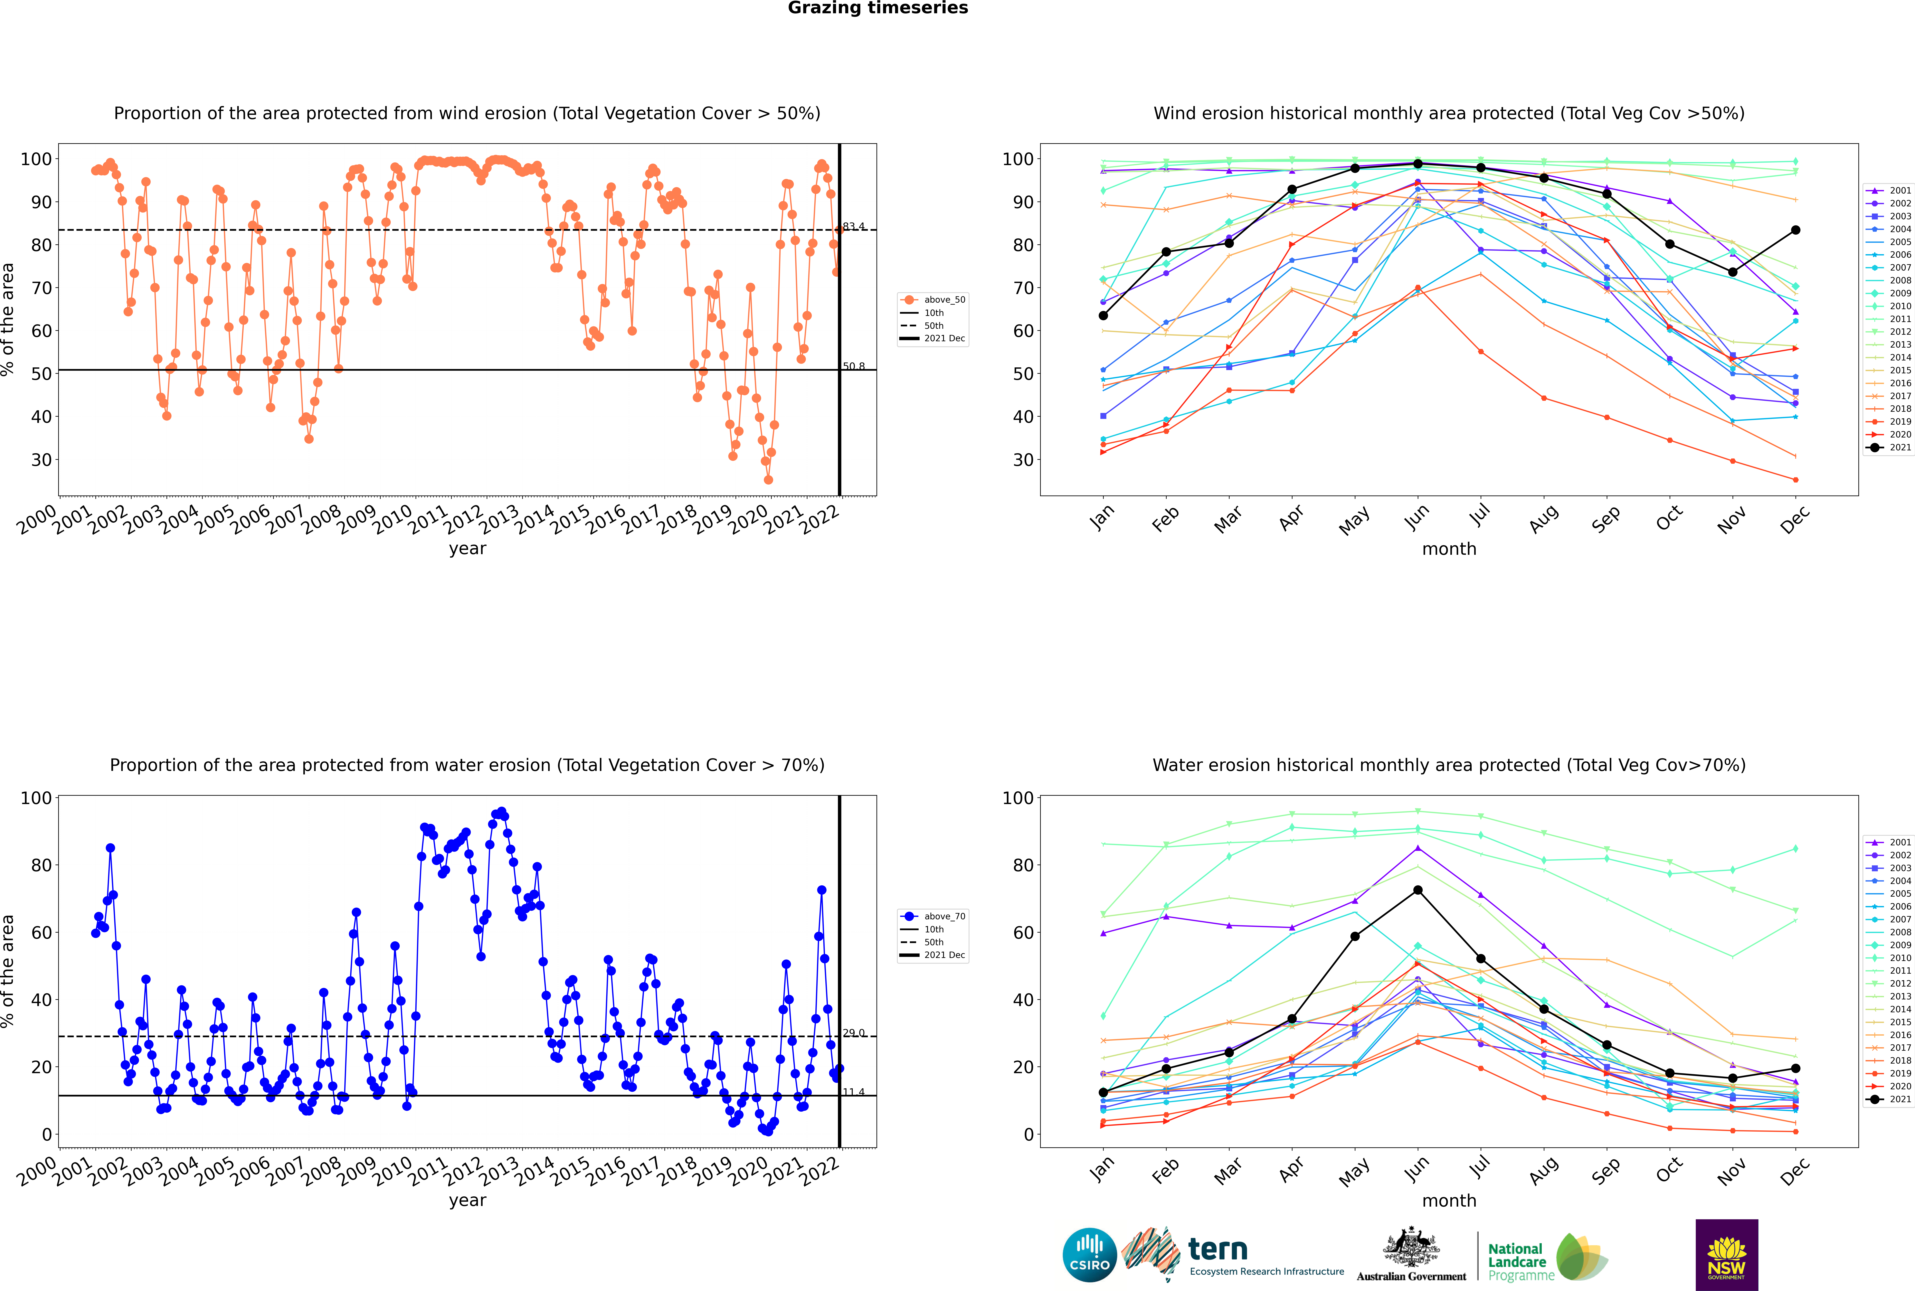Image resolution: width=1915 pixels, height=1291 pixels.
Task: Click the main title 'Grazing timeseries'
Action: [878, 8]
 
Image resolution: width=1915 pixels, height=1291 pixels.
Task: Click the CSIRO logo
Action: [1089, 1255]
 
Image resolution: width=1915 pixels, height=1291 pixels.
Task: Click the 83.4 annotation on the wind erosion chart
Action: [854, 226]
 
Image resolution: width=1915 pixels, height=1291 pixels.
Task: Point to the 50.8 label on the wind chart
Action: [854, 366]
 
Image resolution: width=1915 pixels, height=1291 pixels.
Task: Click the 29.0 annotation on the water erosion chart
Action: [854, 1033]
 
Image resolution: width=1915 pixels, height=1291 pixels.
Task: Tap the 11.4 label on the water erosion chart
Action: [854, 1092]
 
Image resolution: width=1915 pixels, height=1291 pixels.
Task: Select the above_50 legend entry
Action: [933, 300]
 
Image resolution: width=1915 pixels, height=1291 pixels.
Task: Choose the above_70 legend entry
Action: [933, 916]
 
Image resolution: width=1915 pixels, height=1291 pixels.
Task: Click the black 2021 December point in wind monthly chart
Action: [1796, 230]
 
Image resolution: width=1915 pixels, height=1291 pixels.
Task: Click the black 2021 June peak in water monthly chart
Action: [1418, 890]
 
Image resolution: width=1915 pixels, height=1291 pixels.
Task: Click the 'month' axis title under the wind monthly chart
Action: [1449, 549]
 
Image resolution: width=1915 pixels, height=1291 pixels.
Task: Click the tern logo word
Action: [1218, 1250]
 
